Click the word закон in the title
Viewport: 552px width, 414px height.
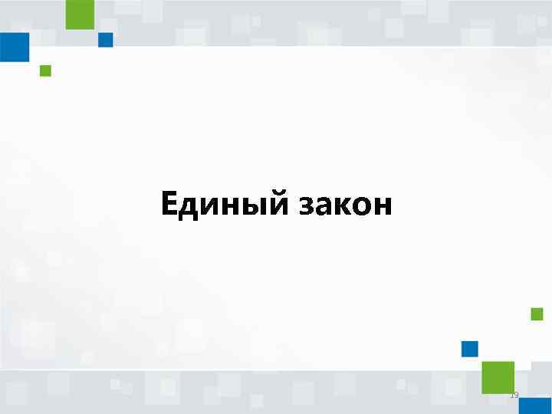pos(341,205)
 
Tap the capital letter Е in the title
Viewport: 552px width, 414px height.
pos(171,204)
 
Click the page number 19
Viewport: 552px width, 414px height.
pos(514,396)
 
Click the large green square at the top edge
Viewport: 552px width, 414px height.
pos(80,14)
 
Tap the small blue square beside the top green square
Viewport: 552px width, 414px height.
pos(106,40)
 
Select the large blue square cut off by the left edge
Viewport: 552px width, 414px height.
pos(14,47)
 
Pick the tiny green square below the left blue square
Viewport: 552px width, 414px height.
pos(45,71)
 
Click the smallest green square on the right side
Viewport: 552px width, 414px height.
pos(537,314)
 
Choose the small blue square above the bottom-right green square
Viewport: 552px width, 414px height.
pos(470,350)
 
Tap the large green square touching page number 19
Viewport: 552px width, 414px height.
pos(498,376)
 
